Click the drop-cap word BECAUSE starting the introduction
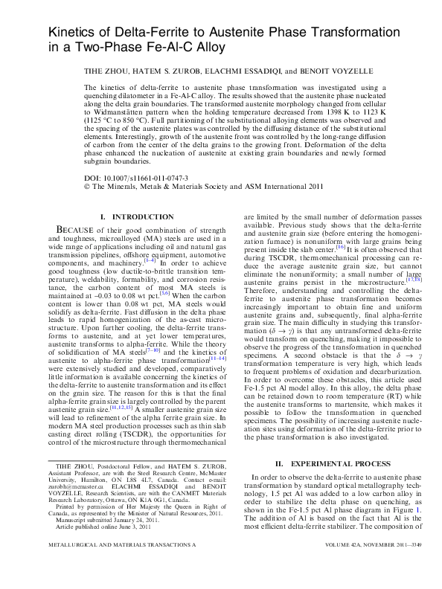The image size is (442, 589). click(80, 231)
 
